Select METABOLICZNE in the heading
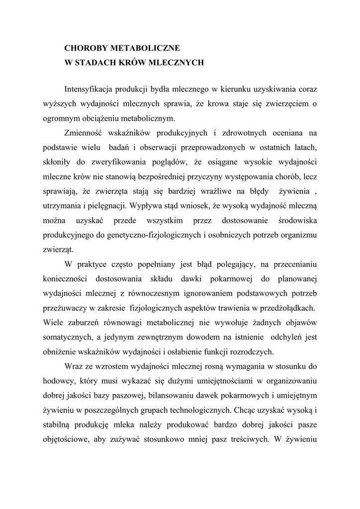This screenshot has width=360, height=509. click(x=144, y=49)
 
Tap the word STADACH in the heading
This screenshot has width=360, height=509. click(x=99, y=63)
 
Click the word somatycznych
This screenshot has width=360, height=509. click(x=67, y=337)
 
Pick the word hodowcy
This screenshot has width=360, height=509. click(x=57, y=381)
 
